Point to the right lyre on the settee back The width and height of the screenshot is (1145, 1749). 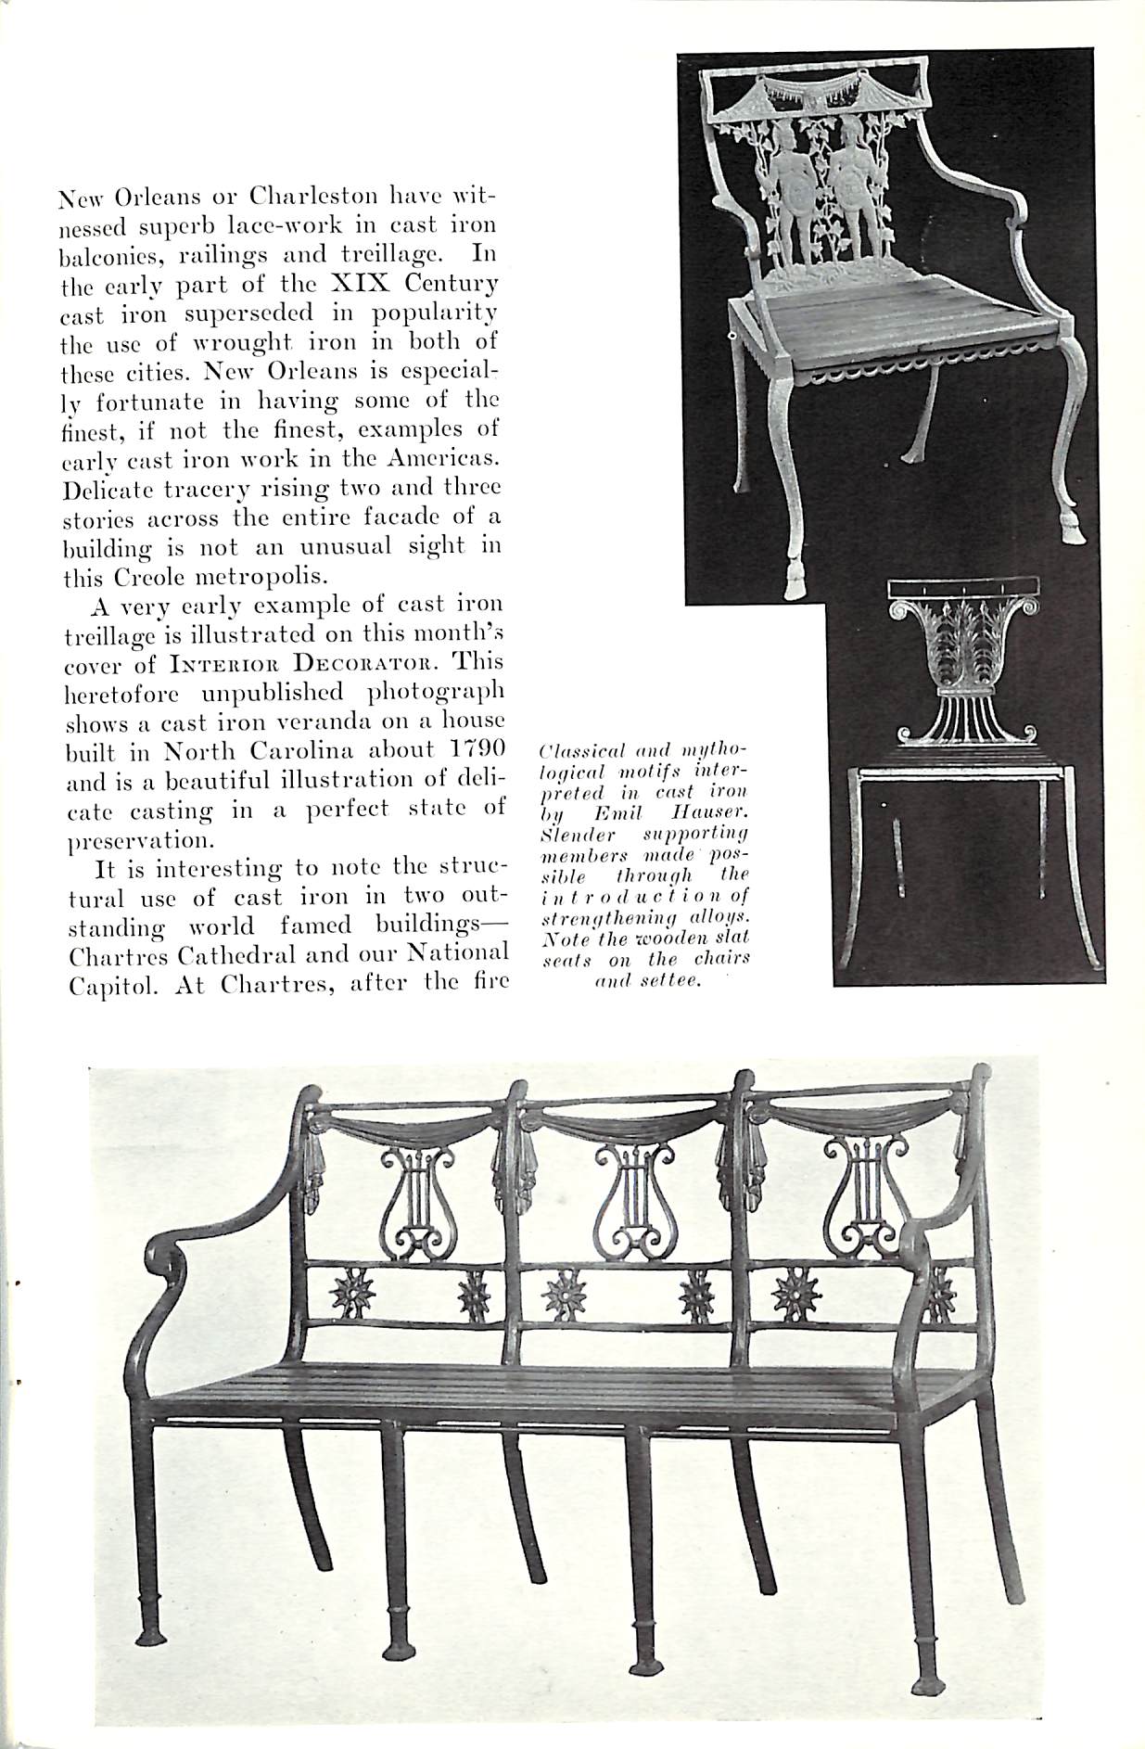point(860,1196)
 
